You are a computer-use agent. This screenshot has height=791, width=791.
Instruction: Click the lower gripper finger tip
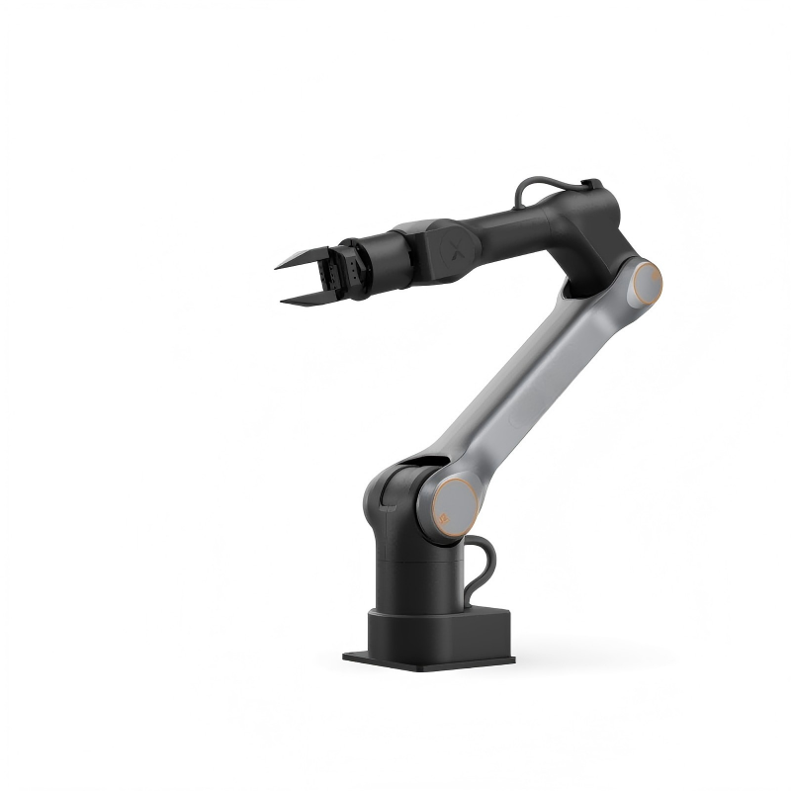coord(285,301)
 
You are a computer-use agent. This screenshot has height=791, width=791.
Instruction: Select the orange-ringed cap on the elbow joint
coord(647,283)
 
